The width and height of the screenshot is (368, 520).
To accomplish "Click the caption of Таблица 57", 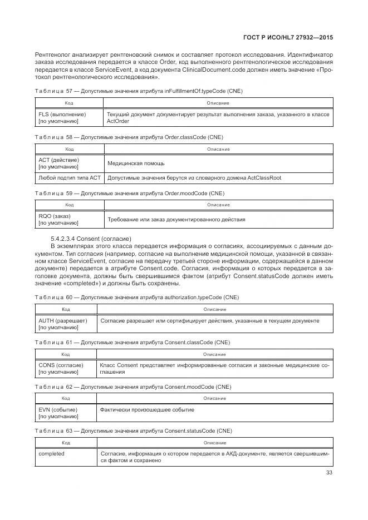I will (138, 91).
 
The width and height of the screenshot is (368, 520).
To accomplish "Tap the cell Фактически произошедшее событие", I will (146, 409).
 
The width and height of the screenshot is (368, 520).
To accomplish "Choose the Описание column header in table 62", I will (214, 398).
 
